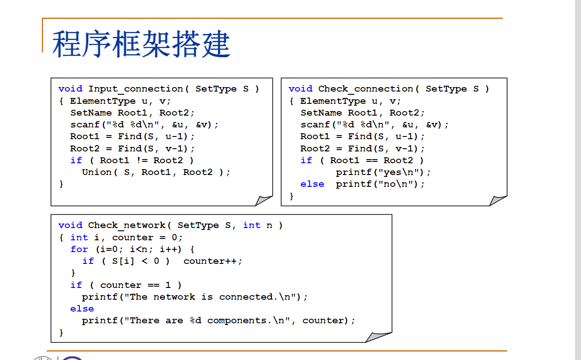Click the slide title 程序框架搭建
pyautogui.click(x=141, y=44)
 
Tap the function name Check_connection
pyautogui.click(x=366, y=89)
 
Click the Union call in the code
pyautogui.click(x=97, y=172)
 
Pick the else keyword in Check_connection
pyautogui.click(x=312, y=184)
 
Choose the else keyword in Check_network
pyautogui.click(x=82, y=309)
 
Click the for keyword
pyautogui.click(x=79, y=249)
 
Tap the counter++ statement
pyautogui.click(x=213, y=261)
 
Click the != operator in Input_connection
pyautogui.click(x=141, y=161)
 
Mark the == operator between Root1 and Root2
pyautogui.click(x=372, y=161)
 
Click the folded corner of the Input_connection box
pyautogui.click(x=264, y=200)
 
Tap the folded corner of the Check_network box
pyautogui.click(x=379, y=337)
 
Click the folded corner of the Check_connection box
pyautogui.click(x=499, y=200)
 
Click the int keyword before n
pyautogui.click(x=252, y=225)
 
